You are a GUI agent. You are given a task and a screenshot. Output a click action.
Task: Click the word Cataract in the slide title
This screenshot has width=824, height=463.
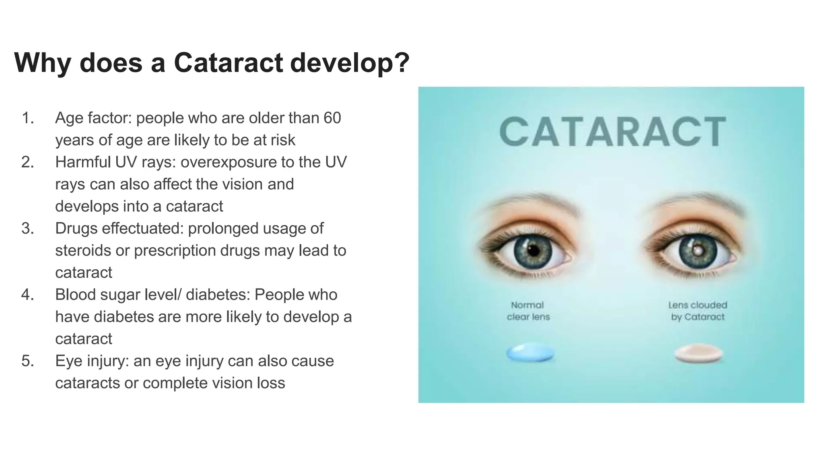[228, 63]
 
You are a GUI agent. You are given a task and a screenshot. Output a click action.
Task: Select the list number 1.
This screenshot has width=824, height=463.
[27, 118]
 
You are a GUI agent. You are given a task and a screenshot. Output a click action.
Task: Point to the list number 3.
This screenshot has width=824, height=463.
[27, 229]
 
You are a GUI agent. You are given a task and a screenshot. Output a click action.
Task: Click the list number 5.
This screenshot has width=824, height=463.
[27, 361]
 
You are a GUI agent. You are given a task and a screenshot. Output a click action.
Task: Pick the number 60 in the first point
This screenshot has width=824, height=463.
[332, 118]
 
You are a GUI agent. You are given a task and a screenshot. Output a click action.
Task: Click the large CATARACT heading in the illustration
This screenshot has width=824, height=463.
[612, 132]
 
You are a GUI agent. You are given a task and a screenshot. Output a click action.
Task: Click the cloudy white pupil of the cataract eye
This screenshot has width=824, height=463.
[697, 250]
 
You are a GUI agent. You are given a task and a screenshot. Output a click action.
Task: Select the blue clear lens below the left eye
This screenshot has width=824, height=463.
[530, 353]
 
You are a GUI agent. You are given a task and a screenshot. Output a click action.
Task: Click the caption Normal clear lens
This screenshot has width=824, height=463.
[528, 311]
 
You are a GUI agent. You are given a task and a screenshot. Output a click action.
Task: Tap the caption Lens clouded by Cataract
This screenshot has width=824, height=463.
[698, 311]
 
